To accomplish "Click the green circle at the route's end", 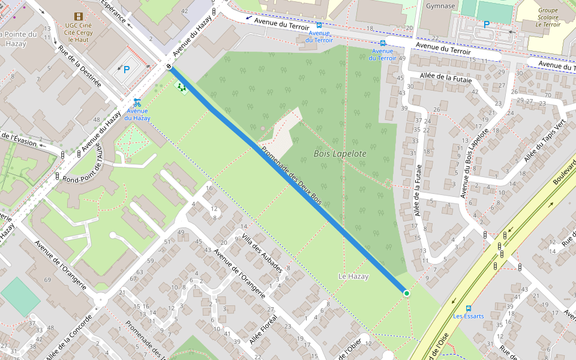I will pos(406,293).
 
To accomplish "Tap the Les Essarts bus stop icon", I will pos(469,308).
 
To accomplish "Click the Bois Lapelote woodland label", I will pos(340,154).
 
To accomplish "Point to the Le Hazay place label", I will pos(353,277).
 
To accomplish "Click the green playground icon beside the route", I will pos(181,88).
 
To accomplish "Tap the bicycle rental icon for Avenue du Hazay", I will pos(137,102).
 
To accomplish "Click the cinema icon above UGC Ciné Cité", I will pos(78,16).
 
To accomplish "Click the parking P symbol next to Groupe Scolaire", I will pos(487,25).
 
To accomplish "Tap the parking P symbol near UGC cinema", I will pos(126,69).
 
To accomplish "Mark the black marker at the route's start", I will pos(170,67).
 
